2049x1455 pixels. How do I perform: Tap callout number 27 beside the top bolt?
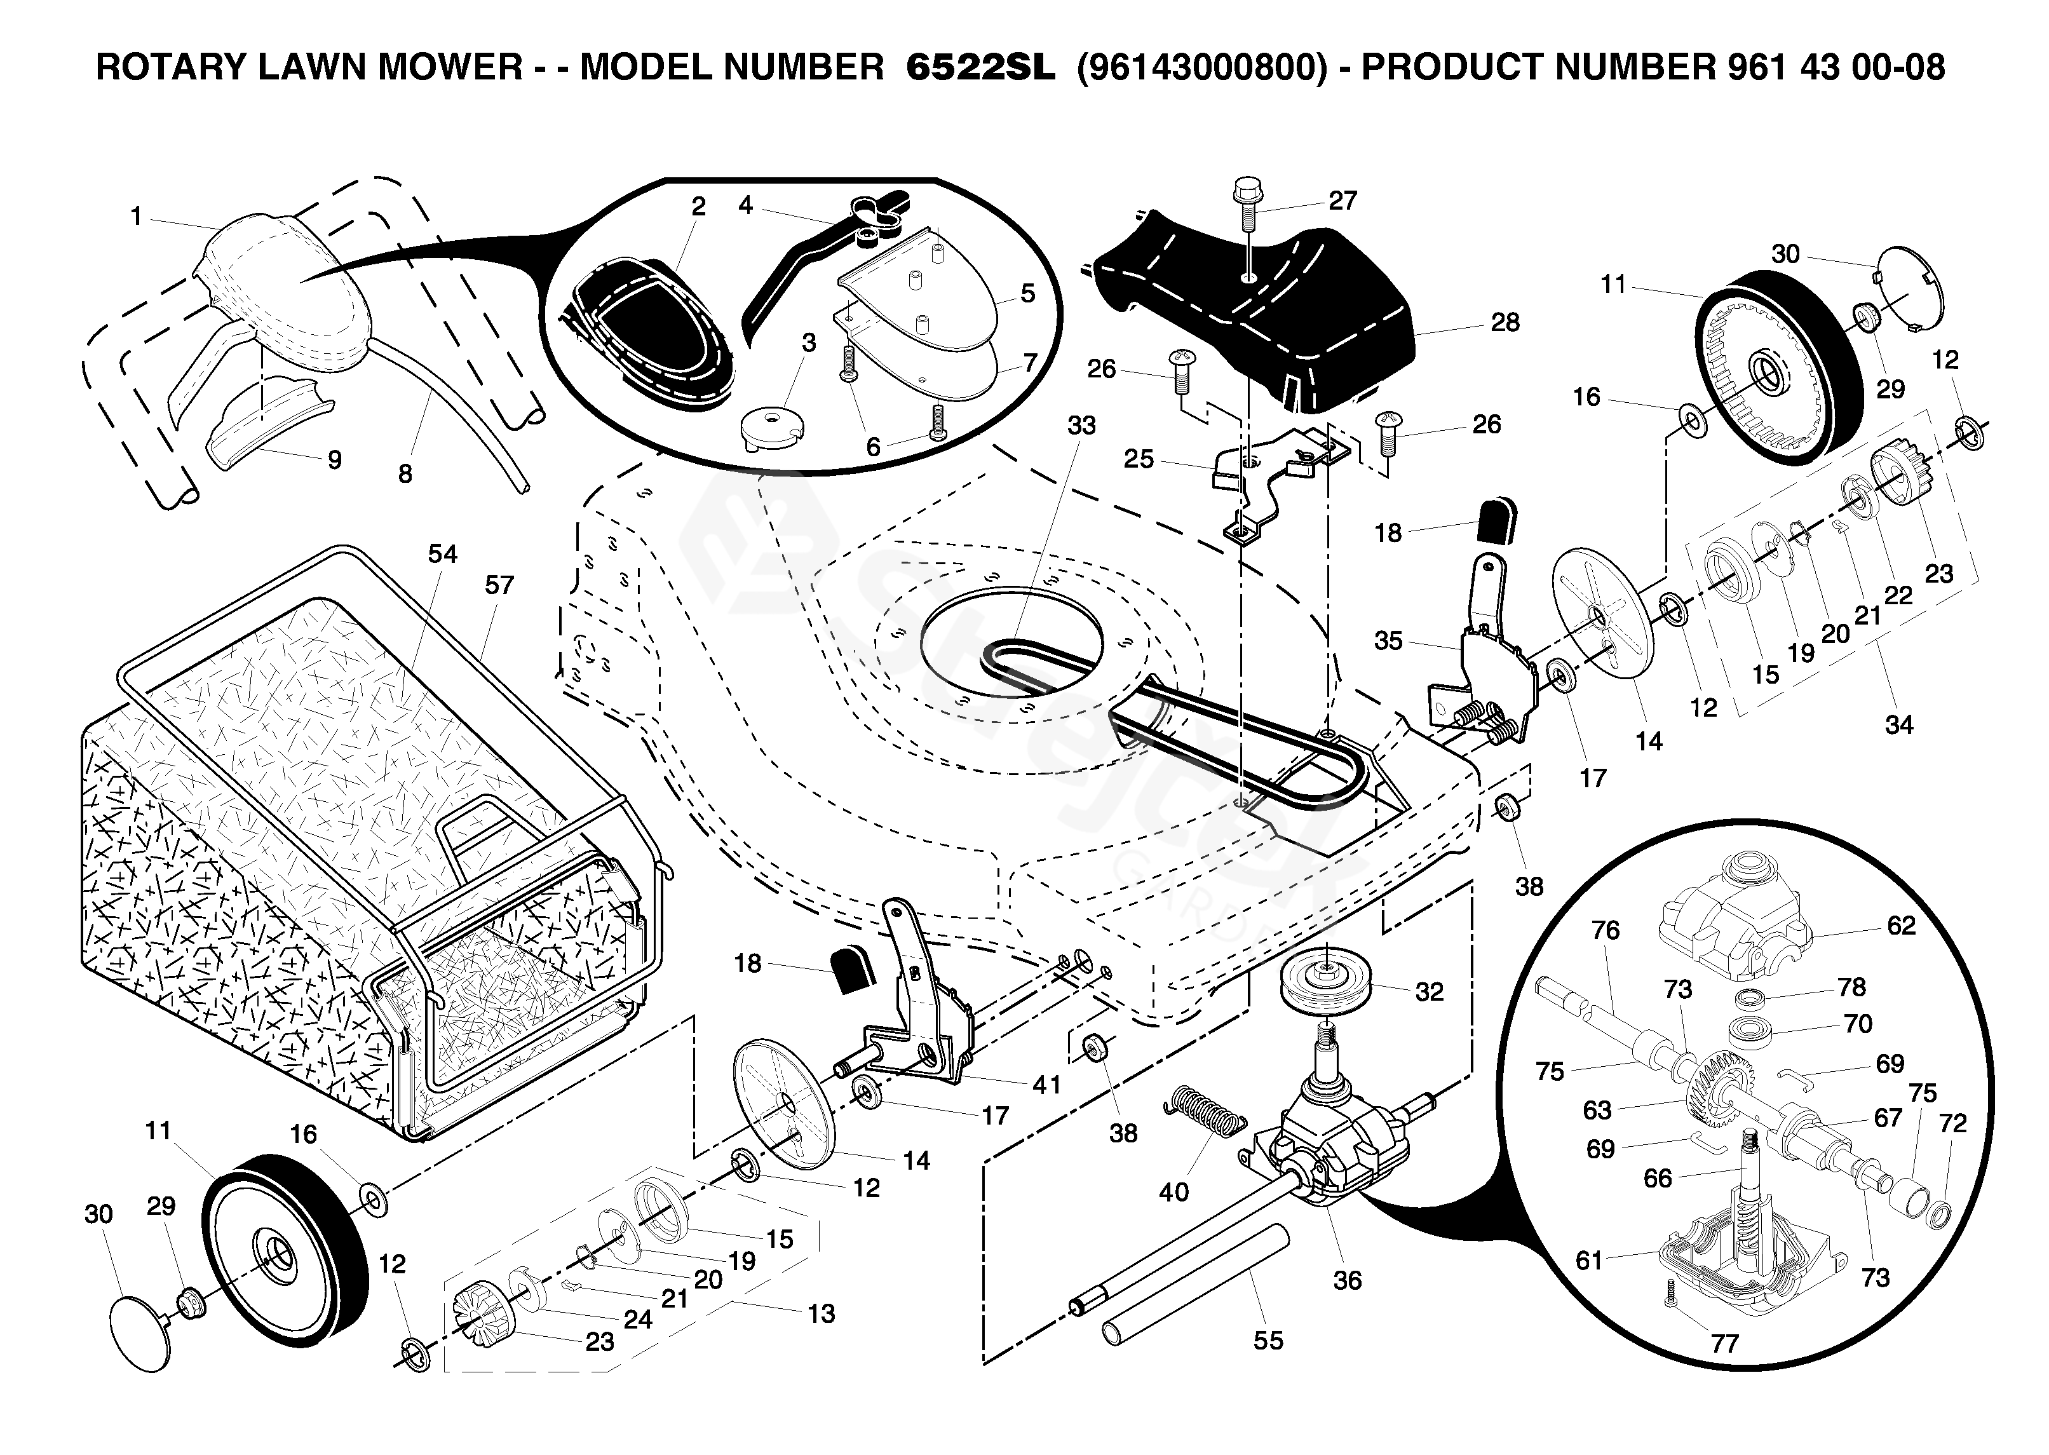[1342, 201]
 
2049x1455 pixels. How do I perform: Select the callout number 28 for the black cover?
[1505, 323]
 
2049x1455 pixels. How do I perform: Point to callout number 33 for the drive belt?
[1081, 426]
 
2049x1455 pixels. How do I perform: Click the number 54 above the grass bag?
[443, 555]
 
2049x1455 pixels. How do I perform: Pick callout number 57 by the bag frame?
[499, 585]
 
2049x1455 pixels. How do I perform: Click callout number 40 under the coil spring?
[1173, 1193]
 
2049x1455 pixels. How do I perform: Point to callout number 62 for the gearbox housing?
[1901, 926]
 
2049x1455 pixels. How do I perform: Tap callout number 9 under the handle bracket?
[334, 461]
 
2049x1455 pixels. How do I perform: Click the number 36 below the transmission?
[1348, 1280]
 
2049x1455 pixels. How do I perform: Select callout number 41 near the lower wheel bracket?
[1046, 1085]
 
